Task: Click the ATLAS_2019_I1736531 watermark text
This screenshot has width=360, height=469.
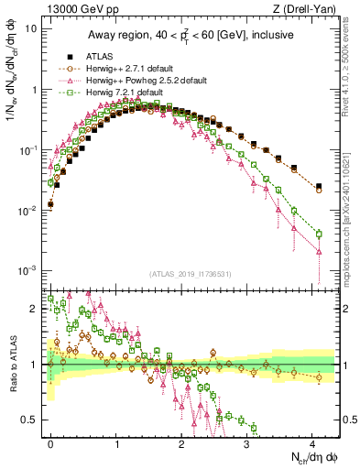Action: [x=191, y=274]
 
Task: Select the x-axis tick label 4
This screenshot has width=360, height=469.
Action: [x=312, y=442]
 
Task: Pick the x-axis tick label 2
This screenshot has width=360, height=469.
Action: [x=181, y=442]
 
